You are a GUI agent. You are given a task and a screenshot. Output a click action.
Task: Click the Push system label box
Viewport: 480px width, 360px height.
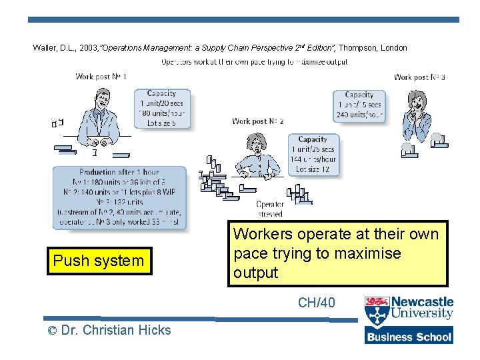99,261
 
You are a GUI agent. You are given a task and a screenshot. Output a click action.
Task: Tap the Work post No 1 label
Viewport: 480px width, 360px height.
101,77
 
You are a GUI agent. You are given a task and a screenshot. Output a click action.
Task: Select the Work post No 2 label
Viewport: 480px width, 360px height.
257,121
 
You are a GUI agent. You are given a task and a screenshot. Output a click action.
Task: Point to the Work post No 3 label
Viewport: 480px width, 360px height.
419,77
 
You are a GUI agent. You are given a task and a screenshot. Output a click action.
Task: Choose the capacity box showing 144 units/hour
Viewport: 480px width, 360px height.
313,154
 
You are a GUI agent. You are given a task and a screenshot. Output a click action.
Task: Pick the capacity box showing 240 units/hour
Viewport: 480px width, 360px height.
359,105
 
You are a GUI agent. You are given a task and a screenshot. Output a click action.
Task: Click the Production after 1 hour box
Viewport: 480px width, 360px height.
119,197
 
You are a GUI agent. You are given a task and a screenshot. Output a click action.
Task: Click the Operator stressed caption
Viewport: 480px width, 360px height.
270,209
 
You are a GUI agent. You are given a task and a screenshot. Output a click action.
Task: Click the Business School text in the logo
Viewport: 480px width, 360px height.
409,337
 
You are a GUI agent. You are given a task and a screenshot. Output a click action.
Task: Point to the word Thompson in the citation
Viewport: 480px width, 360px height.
361,48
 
